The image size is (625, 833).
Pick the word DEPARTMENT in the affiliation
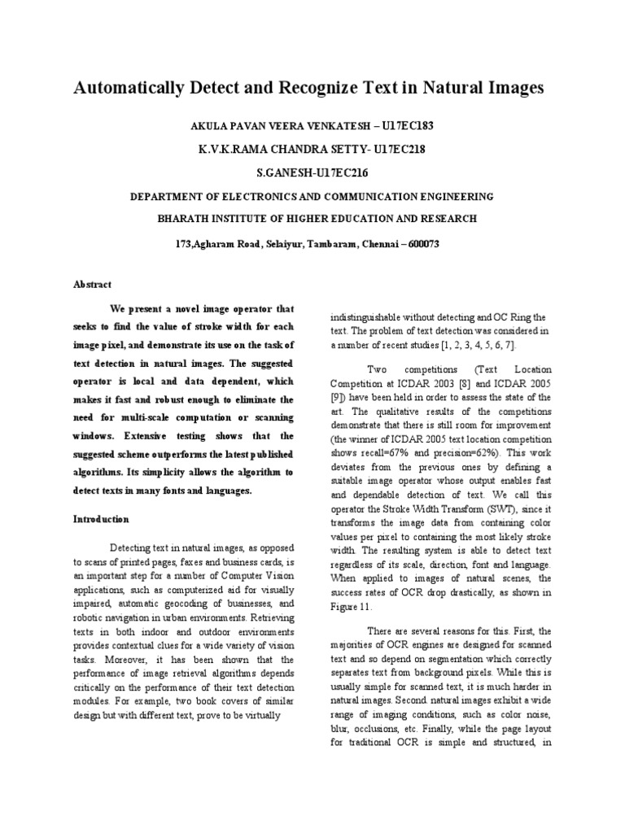coord(172,196)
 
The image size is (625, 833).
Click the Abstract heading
coord(93,284)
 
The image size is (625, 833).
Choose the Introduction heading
coord(101,518)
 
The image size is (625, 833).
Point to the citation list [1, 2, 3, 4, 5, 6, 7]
coord(478,345)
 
